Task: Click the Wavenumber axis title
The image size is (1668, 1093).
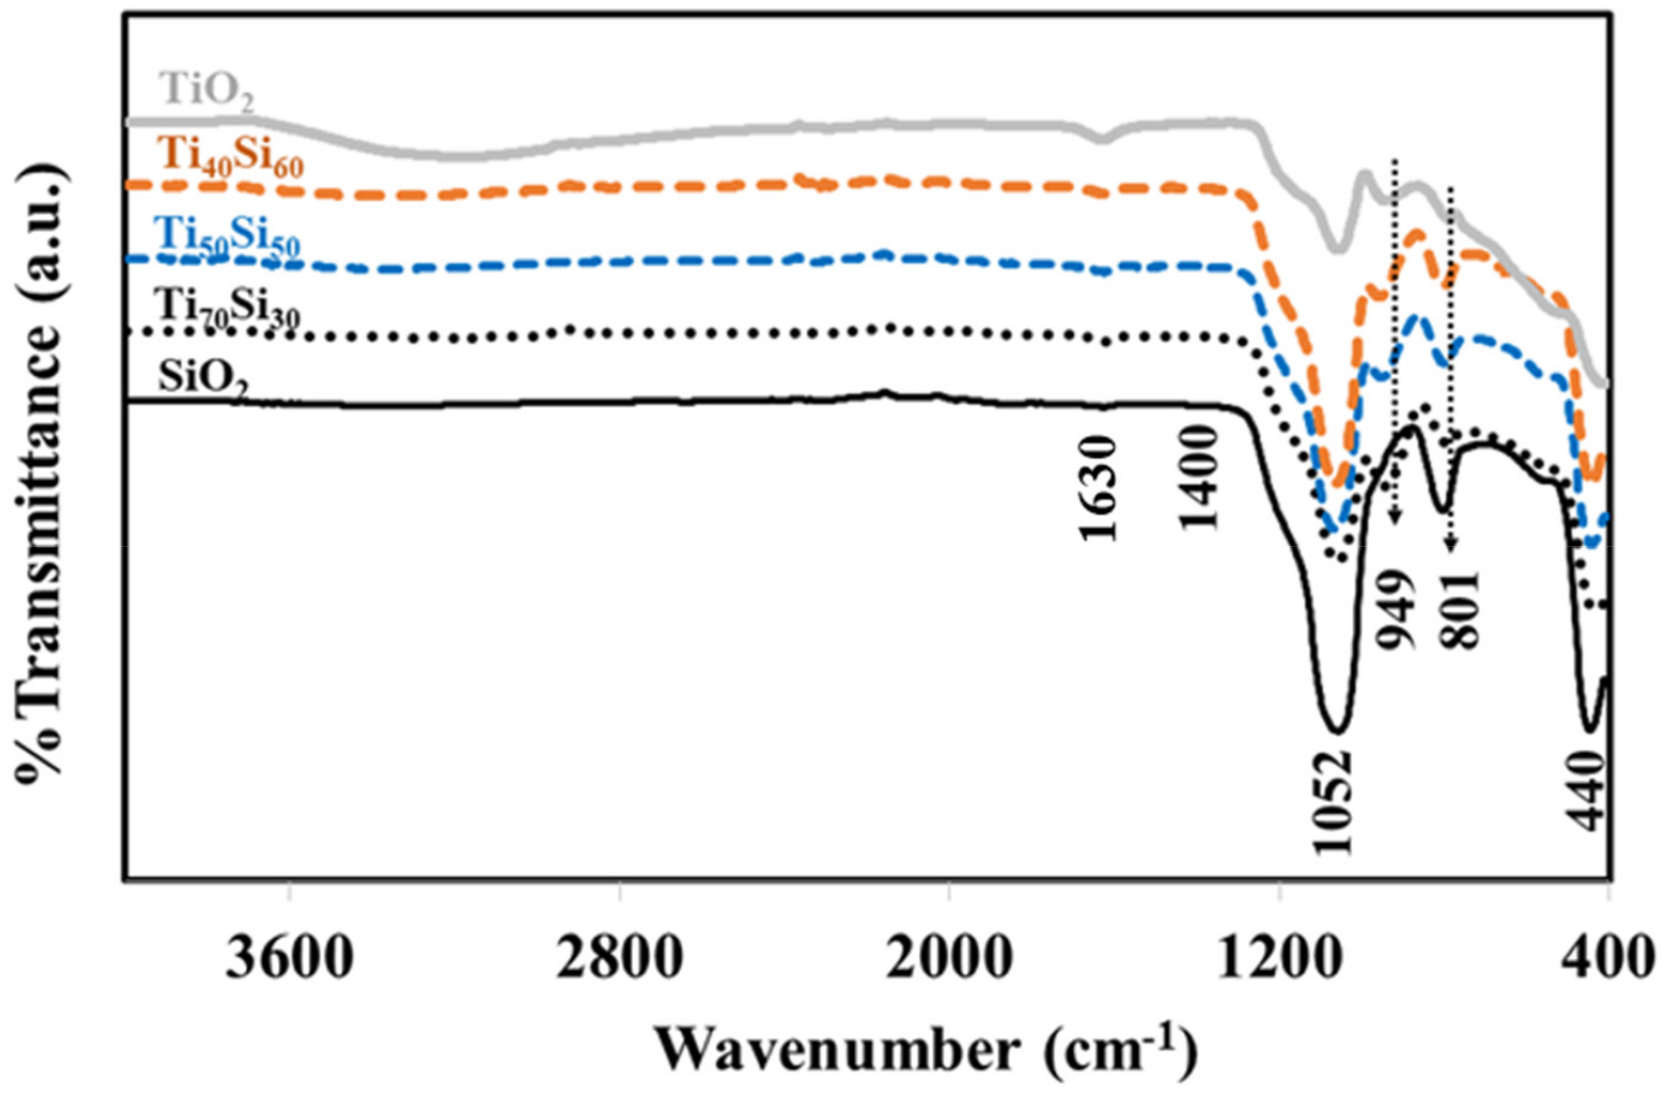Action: click(x=926, y=1048)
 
